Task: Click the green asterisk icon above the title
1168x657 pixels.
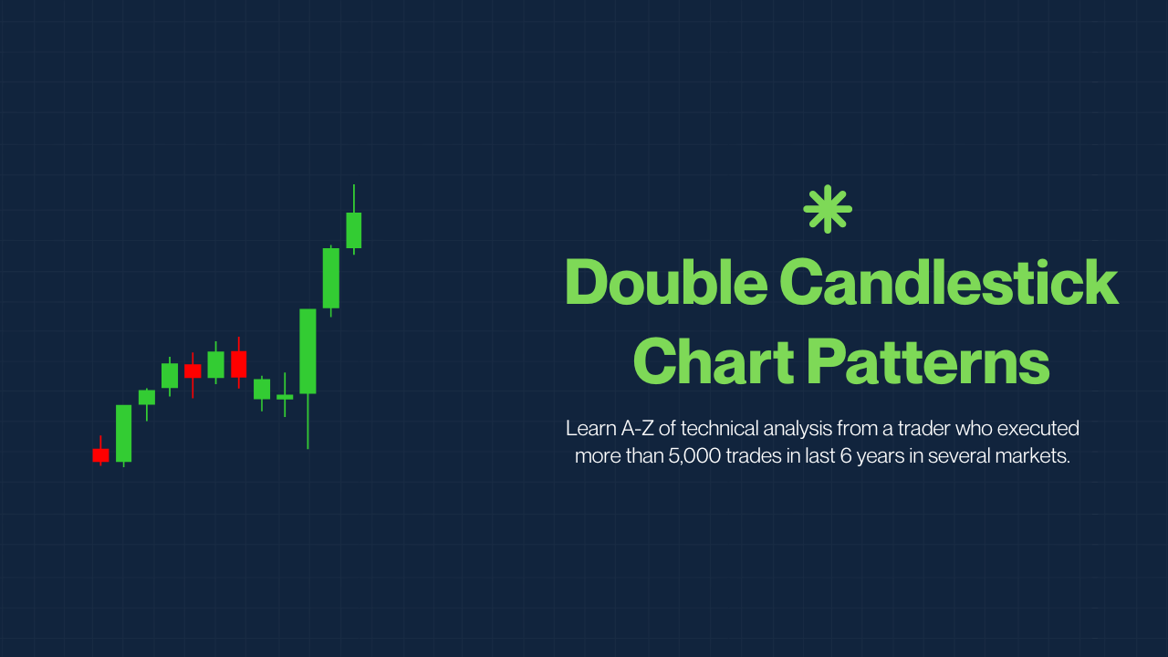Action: pos(828,209)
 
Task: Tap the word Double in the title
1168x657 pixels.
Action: pos(666,282)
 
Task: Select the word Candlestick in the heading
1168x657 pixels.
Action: pos(949,282)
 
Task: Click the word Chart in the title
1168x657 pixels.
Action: pos(714,360)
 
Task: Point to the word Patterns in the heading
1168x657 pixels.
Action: pos(931,360)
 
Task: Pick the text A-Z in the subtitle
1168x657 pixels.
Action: pos(637,429)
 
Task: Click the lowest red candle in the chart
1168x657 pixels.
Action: pos(100,455)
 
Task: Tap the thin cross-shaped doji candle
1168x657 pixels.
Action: pos(285,397)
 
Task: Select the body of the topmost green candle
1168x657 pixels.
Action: pos(353,230)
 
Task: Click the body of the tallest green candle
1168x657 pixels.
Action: pos(308,351)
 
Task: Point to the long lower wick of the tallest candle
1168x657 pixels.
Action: pos(308,422)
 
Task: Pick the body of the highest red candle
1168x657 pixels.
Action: pos(239,364)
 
